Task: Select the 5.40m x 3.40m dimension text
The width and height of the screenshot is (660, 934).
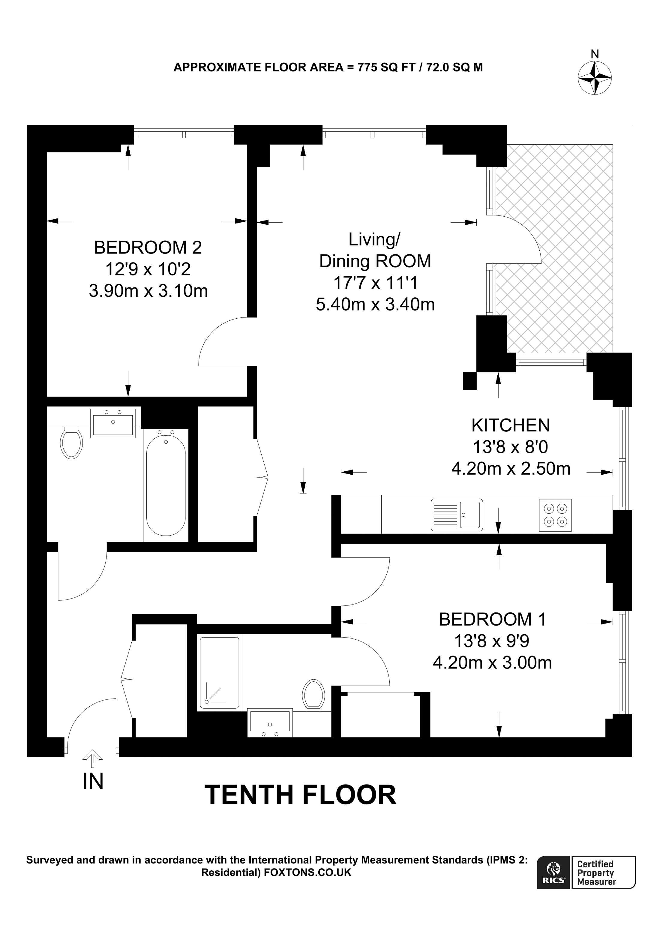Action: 375,304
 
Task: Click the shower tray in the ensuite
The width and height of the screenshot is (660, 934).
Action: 219,672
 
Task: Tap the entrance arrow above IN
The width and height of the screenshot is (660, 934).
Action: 93,758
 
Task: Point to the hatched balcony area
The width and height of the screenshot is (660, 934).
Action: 555,248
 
